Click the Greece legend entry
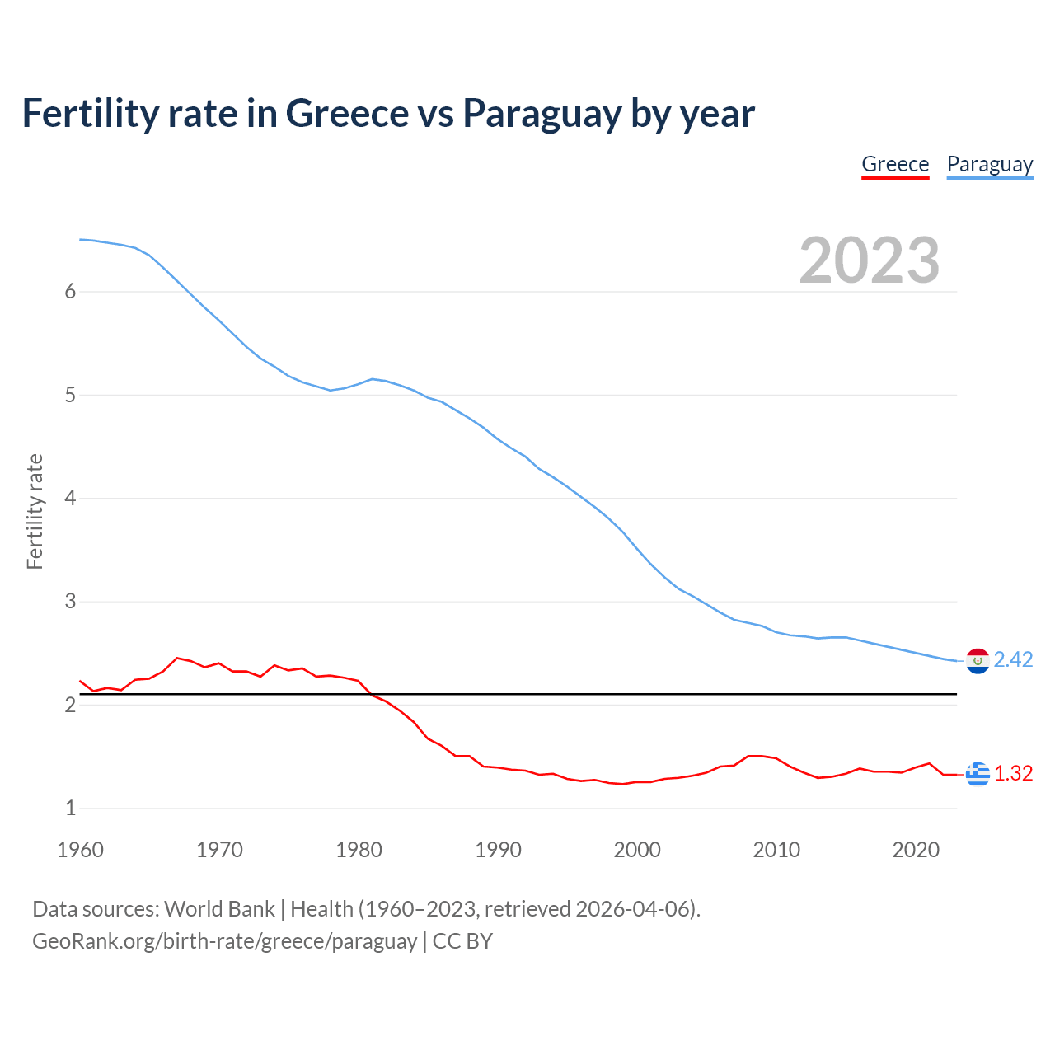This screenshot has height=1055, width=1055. tap(895, 164)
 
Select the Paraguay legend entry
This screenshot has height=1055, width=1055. tap(989, 164)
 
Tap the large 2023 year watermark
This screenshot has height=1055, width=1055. tap(869, 260)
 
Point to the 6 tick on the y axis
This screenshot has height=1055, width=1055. tap(70, 292)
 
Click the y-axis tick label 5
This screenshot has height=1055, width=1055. tap(70, 395)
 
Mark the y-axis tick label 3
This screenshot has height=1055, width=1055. tap(70, 602)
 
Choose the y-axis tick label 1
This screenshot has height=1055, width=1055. tap(70, 809)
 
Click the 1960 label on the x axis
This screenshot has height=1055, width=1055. tap(80, 850)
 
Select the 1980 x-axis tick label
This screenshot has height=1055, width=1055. tap(359, 850)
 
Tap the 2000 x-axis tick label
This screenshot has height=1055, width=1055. tap(637, 850)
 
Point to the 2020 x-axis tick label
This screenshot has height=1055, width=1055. tap(916, 850)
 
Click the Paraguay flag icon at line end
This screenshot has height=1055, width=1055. tap(978, 660)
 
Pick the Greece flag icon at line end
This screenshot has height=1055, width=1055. tap(978, 774)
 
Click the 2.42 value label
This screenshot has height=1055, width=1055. tap(1013, 660)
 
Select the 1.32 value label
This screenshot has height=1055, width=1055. tap(1013, 774)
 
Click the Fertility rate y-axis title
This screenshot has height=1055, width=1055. tap(35, 511)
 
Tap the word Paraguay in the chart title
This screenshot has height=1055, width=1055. tap(541, 114)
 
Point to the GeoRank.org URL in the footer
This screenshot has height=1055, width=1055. tap(224, 941)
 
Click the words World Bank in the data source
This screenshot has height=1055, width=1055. tap(219, 909)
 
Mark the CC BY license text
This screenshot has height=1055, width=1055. tap(462, 941)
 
